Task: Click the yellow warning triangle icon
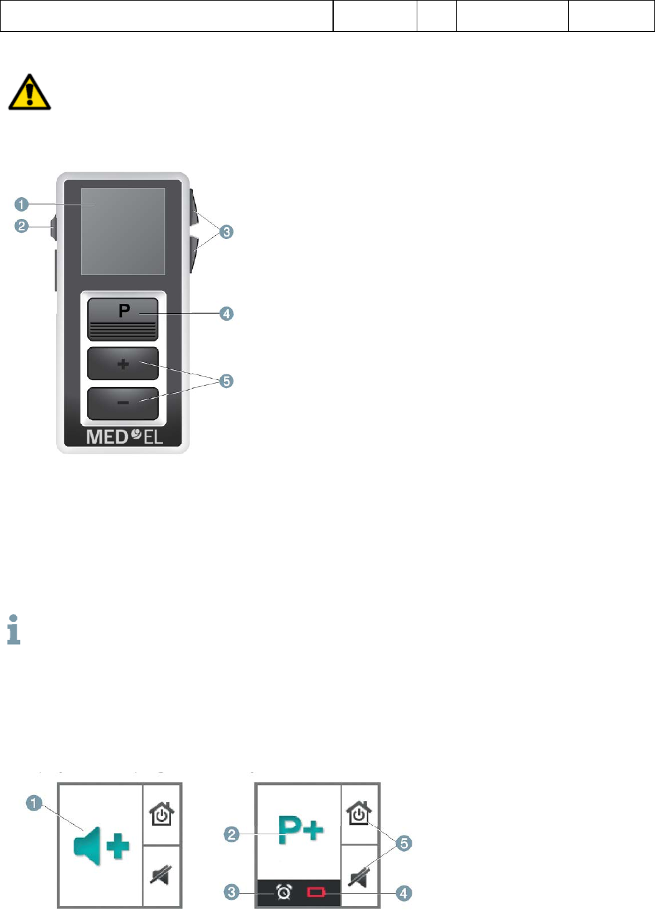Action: click(x=29, y=92)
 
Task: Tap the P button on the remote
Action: click(x=123, y=318)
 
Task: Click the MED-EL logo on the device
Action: click(x=124, y=436)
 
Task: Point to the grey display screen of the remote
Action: click(x=123, y=231)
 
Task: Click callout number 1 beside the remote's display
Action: click(x=22, y=204)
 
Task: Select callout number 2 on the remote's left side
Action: click(x=22, y=226)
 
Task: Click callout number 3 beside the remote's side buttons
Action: click(x=226, y=232)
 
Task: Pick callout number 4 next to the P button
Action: click(x=226, y=313)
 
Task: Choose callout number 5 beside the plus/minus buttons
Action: click(x=226, y=381)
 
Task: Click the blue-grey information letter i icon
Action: click(x=14, y=630)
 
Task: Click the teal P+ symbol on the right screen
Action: click(x=301, y=831)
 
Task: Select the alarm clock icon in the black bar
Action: click(x=284, y=893)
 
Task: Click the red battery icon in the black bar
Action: click(x=316, y=893)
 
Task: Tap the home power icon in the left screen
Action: click(x=162, y=814)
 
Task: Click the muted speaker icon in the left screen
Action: click(x=161, y=875)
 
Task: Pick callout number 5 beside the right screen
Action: click(x=404, y=843)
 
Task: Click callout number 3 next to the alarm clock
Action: click(x=231, y=892)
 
